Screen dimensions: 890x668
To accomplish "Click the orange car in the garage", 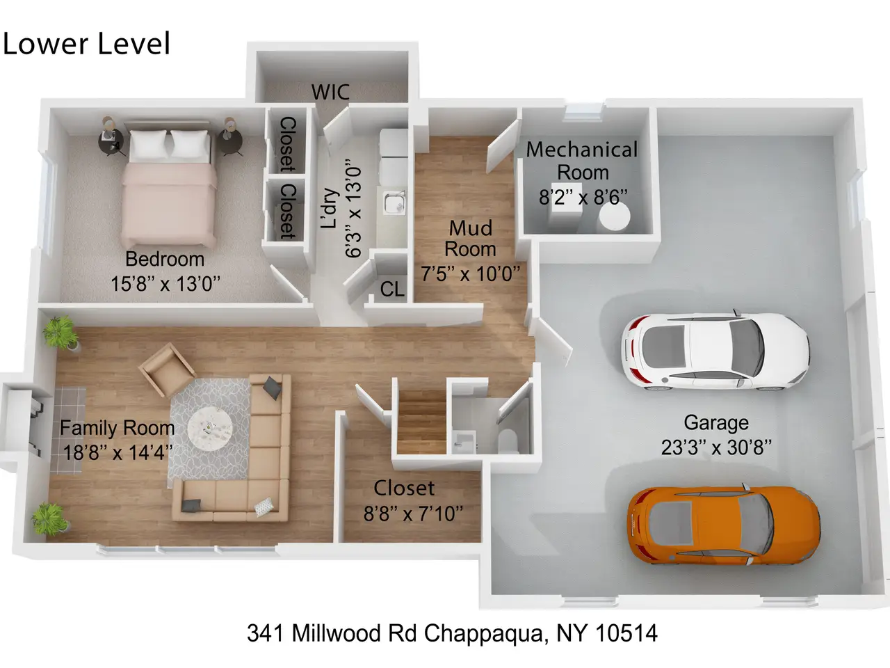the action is click(724, 525).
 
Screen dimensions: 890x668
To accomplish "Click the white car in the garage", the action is click(715, 351).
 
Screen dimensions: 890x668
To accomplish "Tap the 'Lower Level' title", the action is click(86, 43).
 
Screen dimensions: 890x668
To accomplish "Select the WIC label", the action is click(330, 92).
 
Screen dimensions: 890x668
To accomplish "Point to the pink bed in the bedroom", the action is click(170, 185).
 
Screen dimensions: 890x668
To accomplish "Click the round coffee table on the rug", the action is click(210, 429).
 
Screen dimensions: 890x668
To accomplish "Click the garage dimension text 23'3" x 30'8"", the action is click(716, 447).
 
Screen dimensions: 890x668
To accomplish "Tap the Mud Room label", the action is click(470, 239).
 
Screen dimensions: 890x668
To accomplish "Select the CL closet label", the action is click(392, 289).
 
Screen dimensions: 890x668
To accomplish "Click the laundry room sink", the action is click(394, 202).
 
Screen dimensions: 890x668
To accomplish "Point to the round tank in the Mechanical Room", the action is click(615, 216).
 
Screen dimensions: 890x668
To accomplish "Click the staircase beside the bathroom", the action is click(421, 422).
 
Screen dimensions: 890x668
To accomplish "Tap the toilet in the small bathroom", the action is click(508, 441).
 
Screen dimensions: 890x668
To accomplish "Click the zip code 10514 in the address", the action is click(626, 633).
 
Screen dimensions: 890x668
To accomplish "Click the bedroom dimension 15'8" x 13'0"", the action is click(165, 283).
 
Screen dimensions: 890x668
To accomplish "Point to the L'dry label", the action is click(330, 208).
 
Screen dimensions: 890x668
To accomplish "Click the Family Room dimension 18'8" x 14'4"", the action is click(118, 452).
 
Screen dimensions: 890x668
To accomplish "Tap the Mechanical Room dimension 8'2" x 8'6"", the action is click(583, 198).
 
